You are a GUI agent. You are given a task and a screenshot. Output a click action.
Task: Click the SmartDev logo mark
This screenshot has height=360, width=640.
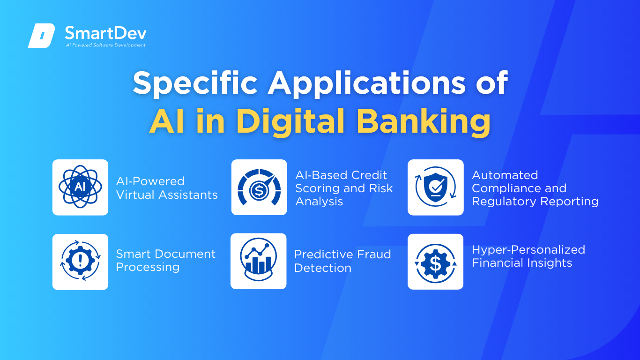point(41,36)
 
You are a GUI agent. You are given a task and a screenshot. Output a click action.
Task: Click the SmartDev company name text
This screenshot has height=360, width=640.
point(105,33)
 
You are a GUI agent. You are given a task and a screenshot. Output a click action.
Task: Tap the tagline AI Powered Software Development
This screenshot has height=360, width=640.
point(105,45)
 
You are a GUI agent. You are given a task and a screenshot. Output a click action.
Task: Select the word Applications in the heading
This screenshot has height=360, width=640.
point(366,83)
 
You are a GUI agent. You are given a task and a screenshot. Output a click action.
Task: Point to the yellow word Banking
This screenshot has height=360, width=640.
point(424,122)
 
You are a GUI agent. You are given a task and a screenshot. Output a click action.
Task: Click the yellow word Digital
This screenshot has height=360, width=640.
point(290,122)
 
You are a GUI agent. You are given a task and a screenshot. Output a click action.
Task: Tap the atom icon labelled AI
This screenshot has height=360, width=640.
point(80,187)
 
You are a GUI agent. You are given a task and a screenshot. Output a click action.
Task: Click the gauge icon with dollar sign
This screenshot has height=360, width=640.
point(259,187)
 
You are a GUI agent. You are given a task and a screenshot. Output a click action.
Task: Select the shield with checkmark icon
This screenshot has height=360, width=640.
point(435,187)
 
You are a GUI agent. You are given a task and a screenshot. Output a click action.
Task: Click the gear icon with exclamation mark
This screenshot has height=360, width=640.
point(80,261)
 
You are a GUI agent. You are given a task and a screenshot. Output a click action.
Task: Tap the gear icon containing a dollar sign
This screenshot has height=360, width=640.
point(435,263)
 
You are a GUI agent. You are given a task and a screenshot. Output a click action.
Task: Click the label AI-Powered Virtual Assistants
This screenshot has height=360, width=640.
point(167,188)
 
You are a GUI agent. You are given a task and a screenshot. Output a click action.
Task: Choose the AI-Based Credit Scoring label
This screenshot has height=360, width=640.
point(344,188)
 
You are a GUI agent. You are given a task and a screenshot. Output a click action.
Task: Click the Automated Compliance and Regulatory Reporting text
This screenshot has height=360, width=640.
point(535,188)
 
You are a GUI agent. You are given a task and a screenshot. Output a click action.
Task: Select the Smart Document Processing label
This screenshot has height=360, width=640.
point(166,260)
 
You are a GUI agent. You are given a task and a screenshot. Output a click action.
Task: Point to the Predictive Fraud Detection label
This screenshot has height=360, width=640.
point(342,261)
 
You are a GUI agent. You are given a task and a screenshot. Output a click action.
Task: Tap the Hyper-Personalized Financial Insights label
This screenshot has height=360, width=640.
point(528,256)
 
